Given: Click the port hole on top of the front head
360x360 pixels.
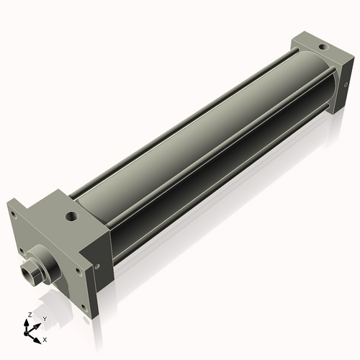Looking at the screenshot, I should [x=71, y=215].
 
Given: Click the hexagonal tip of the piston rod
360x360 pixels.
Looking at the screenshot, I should [x=30, y=274].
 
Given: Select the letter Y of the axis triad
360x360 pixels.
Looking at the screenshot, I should [x=44, y=318].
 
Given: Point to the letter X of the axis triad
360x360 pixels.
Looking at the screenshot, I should [x=45, y=338].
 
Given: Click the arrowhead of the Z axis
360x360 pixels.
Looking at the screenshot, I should [x=28, y=322].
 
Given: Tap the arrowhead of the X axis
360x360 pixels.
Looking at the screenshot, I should [x=38, y=336].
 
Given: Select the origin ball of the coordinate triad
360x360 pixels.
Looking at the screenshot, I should [x=30, y=332].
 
